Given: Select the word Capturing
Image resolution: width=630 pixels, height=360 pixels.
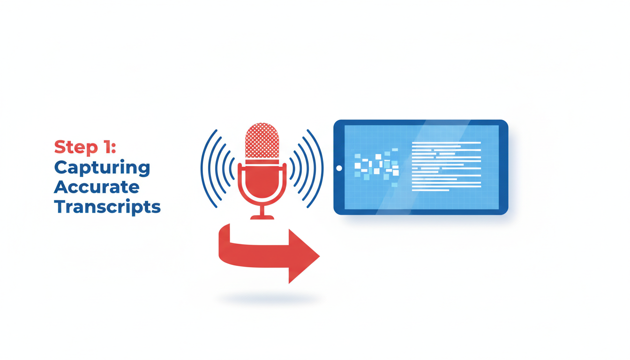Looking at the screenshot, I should [102, 168].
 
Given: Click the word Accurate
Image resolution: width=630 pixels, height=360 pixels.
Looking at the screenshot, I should [97, 187].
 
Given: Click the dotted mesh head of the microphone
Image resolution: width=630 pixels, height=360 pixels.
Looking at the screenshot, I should [262, 140].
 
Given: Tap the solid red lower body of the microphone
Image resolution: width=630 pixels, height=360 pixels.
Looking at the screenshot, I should [262, 180].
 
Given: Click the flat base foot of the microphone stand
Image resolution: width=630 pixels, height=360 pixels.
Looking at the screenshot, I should [262, 217].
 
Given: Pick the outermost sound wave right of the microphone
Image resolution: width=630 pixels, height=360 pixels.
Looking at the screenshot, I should [319, 169].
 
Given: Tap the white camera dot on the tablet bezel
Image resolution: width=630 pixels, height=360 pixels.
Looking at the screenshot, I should [339, 168].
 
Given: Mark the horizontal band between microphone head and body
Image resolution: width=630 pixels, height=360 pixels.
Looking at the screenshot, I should [262, 162].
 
